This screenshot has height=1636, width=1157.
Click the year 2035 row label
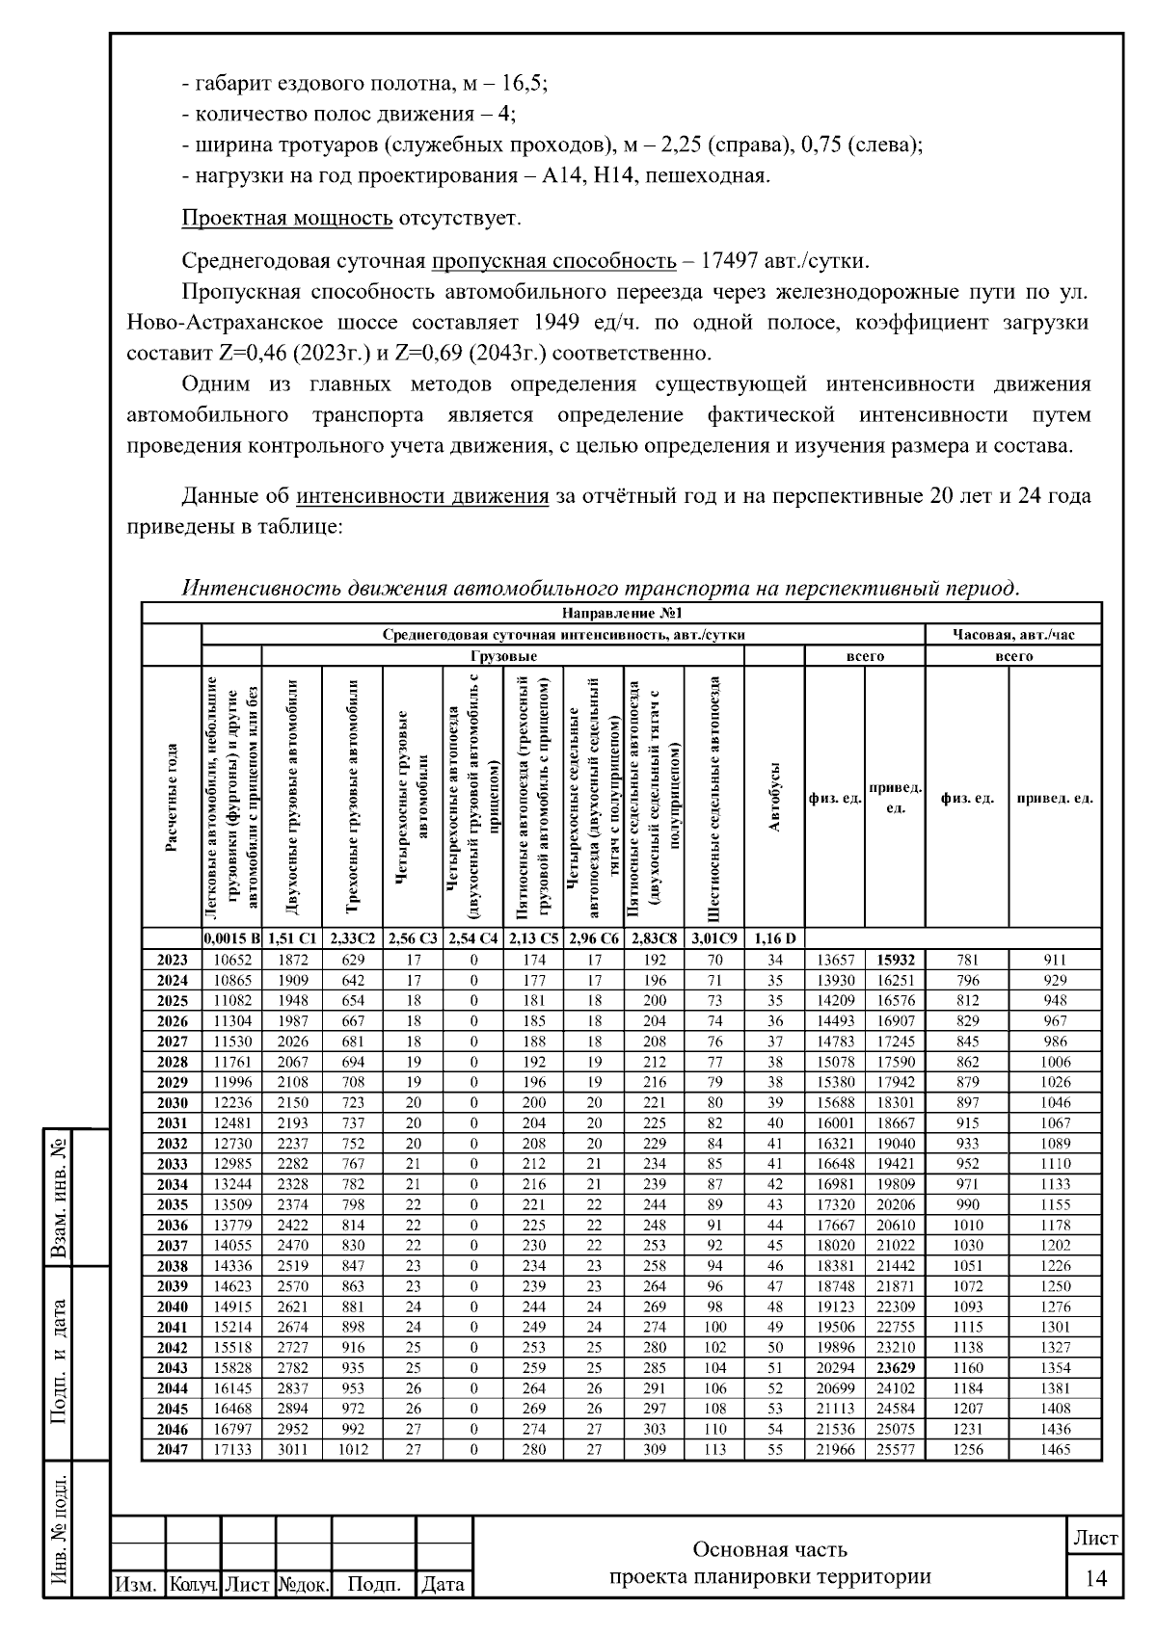pos(172,1204)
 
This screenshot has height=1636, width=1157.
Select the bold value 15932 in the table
pos(895,960)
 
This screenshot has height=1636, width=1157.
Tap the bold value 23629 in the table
pos(895,1368)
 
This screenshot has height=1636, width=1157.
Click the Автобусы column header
pos(774,799)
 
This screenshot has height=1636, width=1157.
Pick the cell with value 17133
pos(231,1450)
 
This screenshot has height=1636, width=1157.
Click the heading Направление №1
pos(622,614)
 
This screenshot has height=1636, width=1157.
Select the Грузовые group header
pos(502,656)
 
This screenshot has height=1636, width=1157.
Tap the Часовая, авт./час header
pos(1012,635)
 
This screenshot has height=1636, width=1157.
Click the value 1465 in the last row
pos(1055,1450)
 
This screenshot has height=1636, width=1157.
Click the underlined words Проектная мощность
pos(286,218)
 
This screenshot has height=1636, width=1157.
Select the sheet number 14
pos(1095,1577)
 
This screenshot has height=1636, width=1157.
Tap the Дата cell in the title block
pos(444,1584)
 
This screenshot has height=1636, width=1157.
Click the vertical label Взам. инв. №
pos(60,1196)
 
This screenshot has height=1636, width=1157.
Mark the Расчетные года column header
pos(172,799)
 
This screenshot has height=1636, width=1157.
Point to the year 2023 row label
pos(172,960)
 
